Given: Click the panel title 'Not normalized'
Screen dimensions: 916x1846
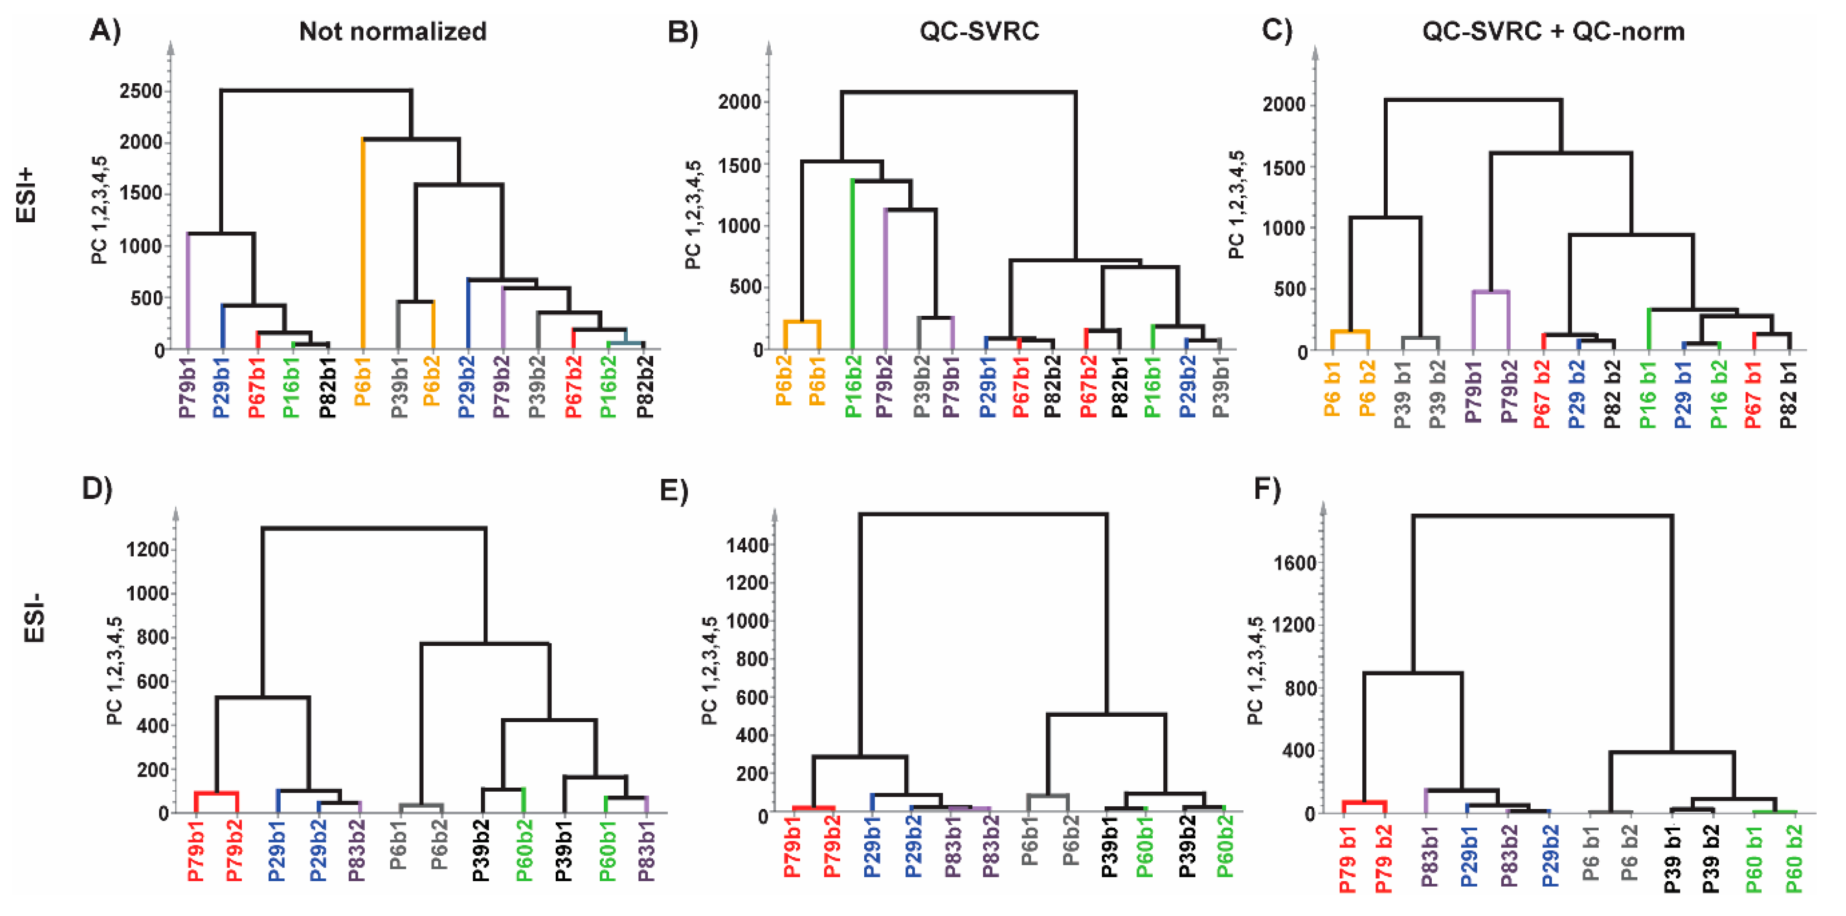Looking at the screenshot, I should (x=392, y=31).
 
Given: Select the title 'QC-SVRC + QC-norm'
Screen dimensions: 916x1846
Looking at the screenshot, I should (x=1553, y=31).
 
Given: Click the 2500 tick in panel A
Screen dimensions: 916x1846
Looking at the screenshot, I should (x=141, y=92).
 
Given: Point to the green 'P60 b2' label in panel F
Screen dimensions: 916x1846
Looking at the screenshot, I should (x=1794, y=859).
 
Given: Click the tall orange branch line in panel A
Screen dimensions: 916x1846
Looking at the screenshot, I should (x=363, y=244).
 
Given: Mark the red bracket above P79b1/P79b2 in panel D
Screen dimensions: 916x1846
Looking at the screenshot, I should (x=216, y=793).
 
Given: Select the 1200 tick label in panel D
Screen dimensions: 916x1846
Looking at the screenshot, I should (x=147, y=550).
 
